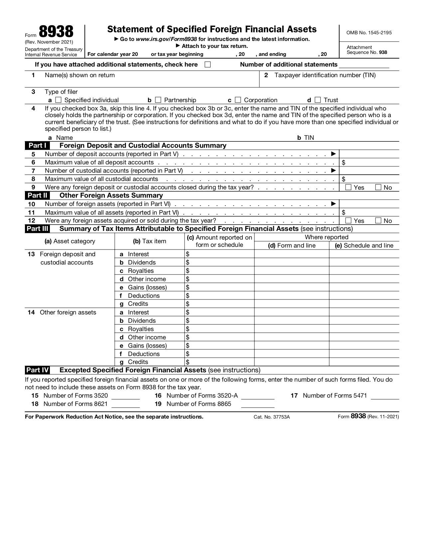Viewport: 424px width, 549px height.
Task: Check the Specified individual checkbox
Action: click(59, 100)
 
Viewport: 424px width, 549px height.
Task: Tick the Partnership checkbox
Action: click(158, 100)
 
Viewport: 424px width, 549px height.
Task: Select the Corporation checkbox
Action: click(238, 100)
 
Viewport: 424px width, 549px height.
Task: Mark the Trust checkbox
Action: click(318, 100)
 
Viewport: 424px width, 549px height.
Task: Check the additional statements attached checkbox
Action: click(208, 65)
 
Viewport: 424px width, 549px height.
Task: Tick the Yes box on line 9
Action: click(349, 187)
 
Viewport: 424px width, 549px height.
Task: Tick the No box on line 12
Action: click(378, 220)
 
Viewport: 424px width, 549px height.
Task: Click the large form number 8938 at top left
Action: click(56, 32)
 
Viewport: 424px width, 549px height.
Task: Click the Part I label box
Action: click(37, 145)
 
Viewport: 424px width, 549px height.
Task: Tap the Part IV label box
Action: click(38, 370)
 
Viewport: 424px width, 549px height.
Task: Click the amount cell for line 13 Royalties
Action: click(219, 271)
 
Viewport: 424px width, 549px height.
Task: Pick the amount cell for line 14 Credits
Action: click(219, 362)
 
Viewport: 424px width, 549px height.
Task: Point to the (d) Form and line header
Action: click(292, 246)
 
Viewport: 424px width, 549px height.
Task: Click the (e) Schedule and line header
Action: click(364, 246)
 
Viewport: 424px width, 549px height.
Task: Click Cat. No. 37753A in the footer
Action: click(271, 417)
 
